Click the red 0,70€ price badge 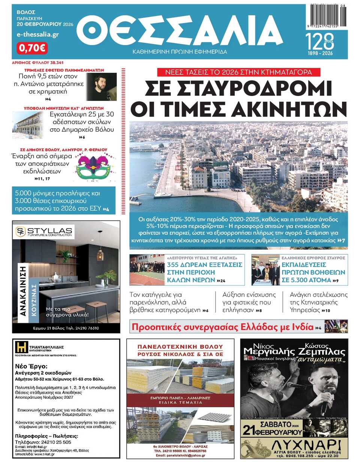click(32, 48)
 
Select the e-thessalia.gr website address click(38, 34)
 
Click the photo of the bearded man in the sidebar click(105, 87)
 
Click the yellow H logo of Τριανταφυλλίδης click(21, 347)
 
